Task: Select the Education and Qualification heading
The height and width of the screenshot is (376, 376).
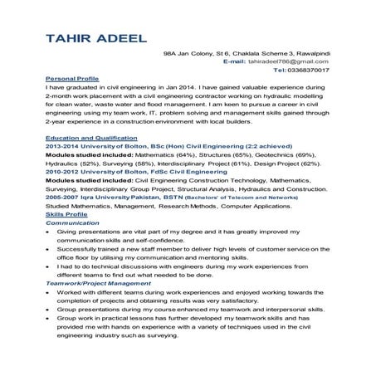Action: (91, 136)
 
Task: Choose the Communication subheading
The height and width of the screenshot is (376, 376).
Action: (72, 223)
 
